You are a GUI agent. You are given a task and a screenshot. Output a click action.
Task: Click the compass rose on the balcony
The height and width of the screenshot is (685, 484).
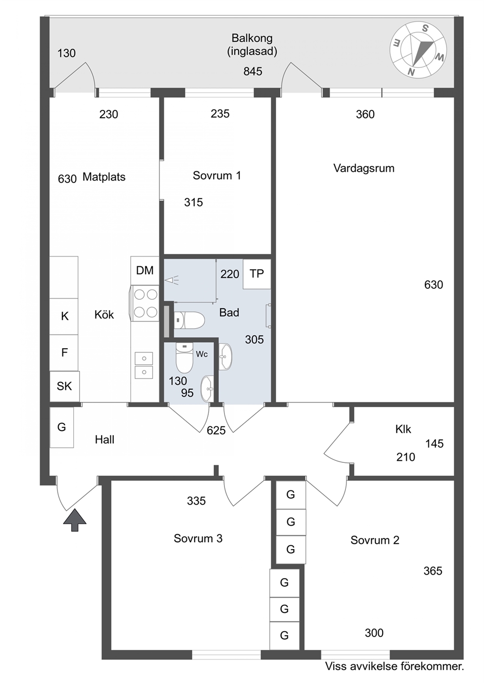pos(418,50)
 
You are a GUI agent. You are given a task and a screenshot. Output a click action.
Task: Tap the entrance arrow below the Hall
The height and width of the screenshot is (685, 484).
pos(75,520)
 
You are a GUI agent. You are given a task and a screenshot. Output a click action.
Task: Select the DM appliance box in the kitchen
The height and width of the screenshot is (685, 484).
pos(145,270)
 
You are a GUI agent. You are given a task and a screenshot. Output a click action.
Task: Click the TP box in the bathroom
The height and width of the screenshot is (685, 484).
pos(257,274)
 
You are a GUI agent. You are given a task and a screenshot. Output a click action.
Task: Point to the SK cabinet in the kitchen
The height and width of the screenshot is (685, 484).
pos(65,386)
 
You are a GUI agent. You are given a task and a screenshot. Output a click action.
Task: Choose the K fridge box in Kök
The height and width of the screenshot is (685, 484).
pos(64,316)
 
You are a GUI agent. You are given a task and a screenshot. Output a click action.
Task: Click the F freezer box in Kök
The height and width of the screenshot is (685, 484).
pos(64,353)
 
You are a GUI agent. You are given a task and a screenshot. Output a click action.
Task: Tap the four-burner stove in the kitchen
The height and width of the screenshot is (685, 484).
pos(145,303)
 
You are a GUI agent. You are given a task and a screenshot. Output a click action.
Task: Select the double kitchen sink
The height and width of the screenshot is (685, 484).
pos(144,365)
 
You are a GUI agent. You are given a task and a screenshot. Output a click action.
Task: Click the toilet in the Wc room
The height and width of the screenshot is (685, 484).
pos(184,357)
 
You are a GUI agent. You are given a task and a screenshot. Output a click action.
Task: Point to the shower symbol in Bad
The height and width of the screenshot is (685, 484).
pos(172,280)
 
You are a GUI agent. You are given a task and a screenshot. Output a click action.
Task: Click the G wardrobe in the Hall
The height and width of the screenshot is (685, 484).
pos(62,427)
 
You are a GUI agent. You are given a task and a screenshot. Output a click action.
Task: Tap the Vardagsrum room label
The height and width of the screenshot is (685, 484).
pos(363,168)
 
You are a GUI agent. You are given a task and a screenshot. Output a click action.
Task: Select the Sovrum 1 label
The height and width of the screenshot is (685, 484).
pos(217,176)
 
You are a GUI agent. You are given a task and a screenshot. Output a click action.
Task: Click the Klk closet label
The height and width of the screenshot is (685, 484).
pos(403,429)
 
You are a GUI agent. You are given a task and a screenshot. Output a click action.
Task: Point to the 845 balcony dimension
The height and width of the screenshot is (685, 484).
pos(253,72)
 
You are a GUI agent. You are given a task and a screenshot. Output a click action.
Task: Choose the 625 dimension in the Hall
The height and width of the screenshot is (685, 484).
pos(216,431)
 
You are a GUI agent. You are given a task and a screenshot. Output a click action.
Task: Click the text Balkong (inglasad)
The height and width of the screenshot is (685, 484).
pos(252,44)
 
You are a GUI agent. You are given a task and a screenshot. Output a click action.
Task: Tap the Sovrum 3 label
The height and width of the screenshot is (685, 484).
pos(198,538)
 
